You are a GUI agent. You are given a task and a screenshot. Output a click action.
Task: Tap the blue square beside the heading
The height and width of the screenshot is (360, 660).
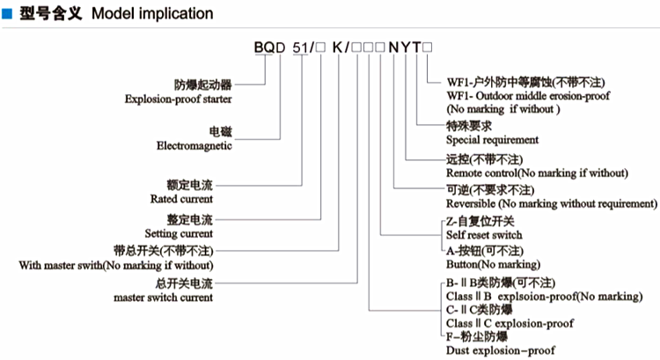coord(7,13)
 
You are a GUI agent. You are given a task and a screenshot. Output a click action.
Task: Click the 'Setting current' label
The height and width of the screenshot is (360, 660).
coord(180,233)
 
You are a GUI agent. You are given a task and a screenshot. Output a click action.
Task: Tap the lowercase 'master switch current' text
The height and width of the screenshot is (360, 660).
coord(163,298)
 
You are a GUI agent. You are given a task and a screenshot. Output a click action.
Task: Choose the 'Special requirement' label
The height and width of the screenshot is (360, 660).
coord(492,139)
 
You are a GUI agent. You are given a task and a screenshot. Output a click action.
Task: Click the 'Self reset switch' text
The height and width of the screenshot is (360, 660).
coord(484,235)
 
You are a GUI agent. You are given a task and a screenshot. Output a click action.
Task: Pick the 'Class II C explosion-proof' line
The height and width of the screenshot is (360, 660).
coord(510,324)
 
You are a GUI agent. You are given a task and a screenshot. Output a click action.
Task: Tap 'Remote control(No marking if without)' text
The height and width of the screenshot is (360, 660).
coord(537,173)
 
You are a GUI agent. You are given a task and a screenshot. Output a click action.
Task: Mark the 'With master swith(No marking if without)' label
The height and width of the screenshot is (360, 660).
coord(115,265)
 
